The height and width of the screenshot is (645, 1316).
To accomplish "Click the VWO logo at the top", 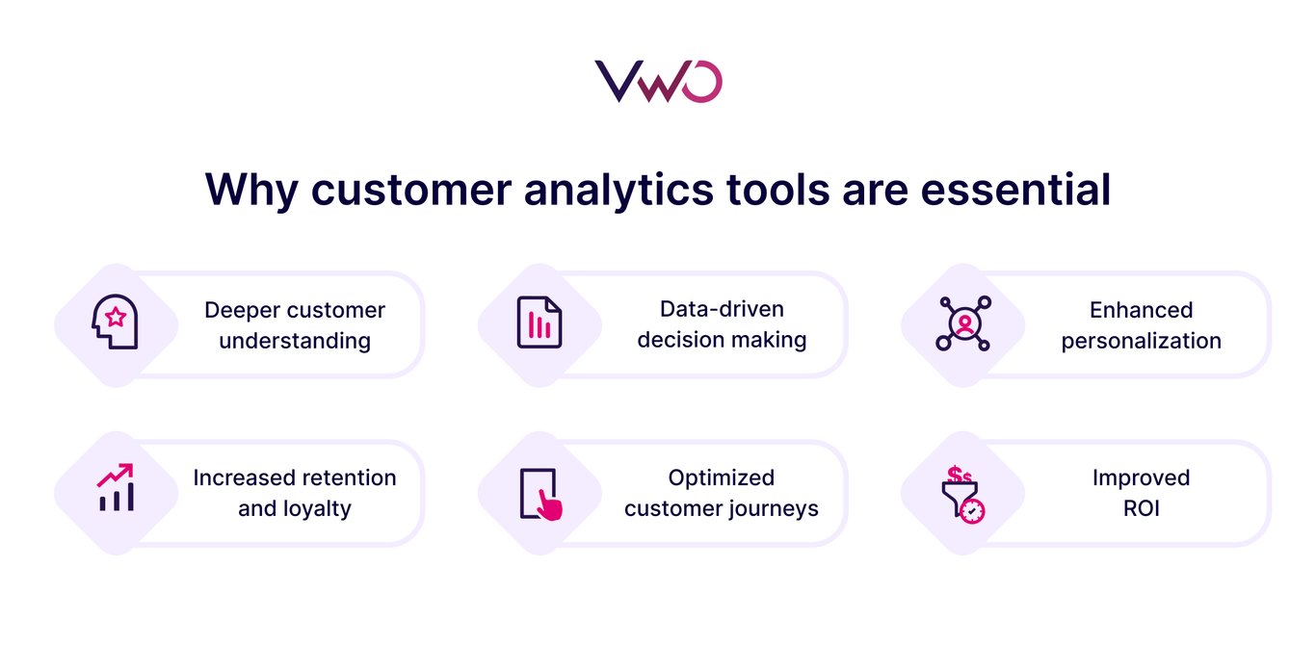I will coord(658,82).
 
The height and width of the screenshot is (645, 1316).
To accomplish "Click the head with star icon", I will coord(115,322).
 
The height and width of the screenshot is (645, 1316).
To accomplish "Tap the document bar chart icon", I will coord(539,322).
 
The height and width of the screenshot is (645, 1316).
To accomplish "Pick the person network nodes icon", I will coord(962,322).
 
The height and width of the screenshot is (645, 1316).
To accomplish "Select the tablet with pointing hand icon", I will coord(540,494).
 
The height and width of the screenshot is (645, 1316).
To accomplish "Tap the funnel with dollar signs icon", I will coord(962,494).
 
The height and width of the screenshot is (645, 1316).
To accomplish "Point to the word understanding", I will coord(295,341).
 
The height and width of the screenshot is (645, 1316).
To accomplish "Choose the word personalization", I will coord(1141,341).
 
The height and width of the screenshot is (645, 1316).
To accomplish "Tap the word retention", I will coord(349,477).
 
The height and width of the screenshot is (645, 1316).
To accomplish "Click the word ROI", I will coord(1141,508).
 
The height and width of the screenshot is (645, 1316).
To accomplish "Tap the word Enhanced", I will coord(1141,310).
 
